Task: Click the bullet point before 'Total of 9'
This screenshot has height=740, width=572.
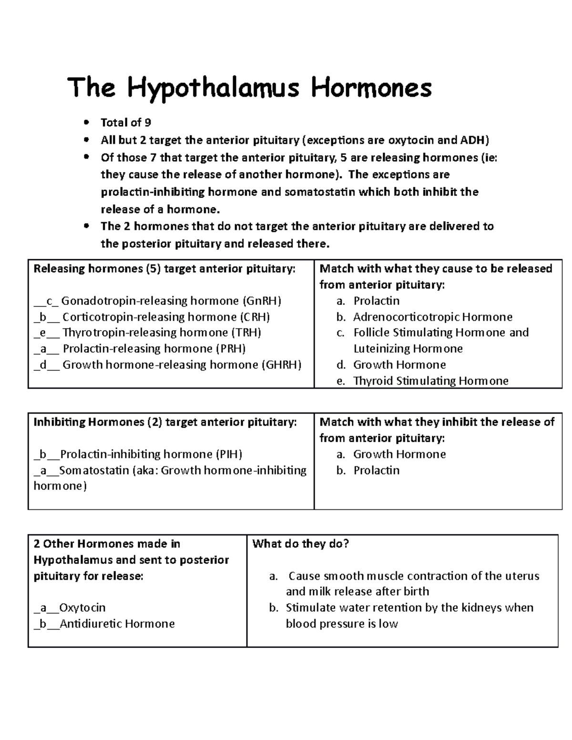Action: [x=86, y=123]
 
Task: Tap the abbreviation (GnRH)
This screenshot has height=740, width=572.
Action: [x=262, y=301]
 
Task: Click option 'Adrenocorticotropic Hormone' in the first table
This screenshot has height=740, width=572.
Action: [x=432, y=317]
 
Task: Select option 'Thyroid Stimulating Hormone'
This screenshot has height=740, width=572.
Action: [x=430, y=381]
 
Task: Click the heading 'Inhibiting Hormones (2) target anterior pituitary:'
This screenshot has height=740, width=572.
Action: [x=165, y=422]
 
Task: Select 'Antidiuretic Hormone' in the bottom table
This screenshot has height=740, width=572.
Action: [x=117, y=624]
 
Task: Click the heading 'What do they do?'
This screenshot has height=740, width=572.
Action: [x=300, y=544]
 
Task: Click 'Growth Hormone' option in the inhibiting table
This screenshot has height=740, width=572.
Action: [x=399, y=455]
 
